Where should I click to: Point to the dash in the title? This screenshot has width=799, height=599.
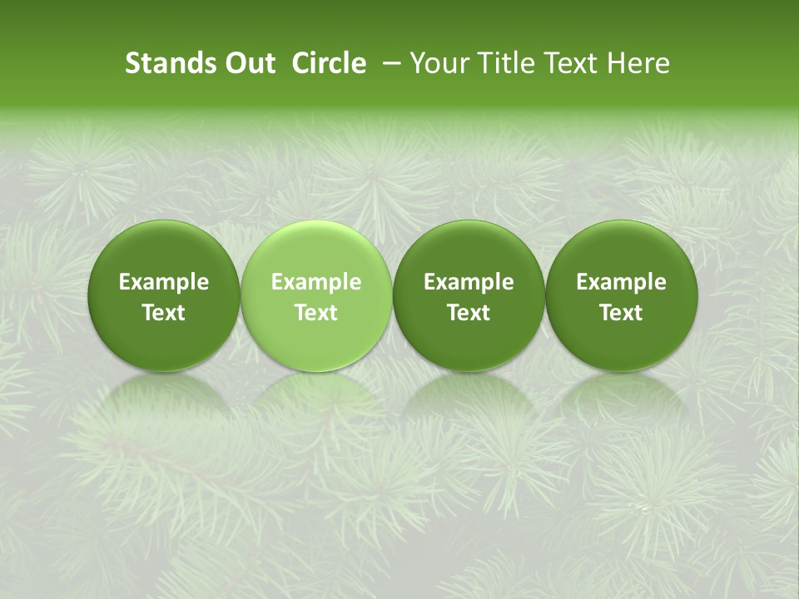click(389, 63)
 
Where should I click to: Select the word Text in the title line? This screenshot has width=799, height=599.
click(568, 63)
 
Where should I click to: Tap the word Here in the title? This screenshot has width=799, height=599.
click(639, 63)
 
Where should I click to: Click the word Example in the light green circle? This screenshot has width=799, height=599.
click(316, 282)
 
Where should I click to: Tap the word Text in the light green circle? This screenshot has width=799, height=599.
click(316, 313)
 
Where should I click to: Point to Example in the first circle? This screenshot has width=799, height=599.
click(163, 282)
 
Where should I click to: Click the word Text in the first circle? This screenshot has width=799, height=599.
click(163, 313)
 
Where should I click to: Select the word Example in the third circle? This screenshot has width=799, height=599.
click(469, 282)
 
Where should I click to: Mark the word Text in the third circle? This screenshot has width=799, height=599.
click(469, 313)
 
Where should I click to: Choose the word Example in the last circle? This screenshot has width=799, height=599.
click(621, 282)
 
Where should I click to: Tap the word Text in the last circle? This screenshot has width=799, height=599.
click(621, 313)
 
